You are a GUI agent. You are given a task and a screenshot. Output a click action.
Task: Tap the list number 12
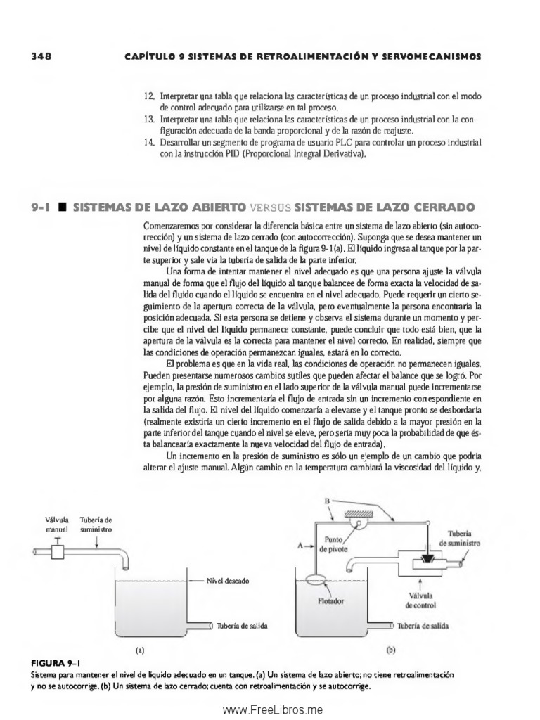coord(148,95)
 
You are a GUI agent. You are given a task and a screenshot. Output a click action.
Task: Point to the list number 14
coord(148,143)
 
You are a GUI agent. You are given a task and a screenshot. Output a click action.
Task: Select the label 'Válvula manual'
coord(56,524)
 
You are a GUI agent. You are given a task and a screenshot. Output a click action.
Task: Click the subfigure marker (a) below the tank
coord(142,651)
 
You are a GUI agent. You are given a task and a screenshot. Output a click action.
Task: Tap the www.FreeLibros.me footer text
coord(270,710)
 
